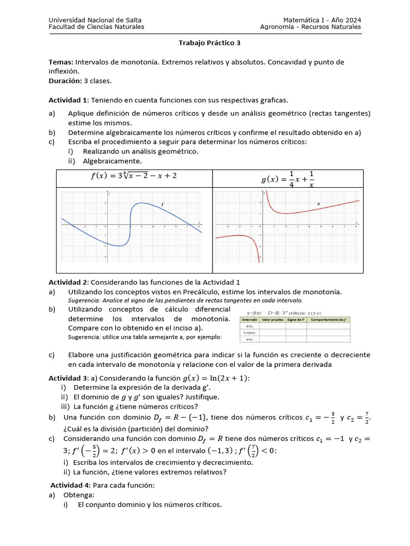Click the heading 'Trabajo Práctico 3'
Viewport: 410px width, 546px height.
(205, 43)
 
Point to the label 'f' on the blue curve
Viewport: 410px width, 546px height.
(162, 204)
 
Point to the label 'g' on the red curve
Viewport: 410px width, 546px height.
(319, 204)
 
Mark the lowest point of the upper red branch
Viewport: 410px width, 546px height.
(286, 214)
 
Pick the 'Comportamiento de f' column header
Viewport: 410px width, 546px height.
(328, 319)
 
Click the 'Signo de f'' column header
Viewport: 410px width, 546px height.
(295, 319)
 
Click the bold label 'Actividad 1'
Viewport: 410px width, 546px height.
(69, 100)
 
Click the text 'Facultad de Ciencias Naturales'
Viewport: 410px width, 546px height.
(96, 27)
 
